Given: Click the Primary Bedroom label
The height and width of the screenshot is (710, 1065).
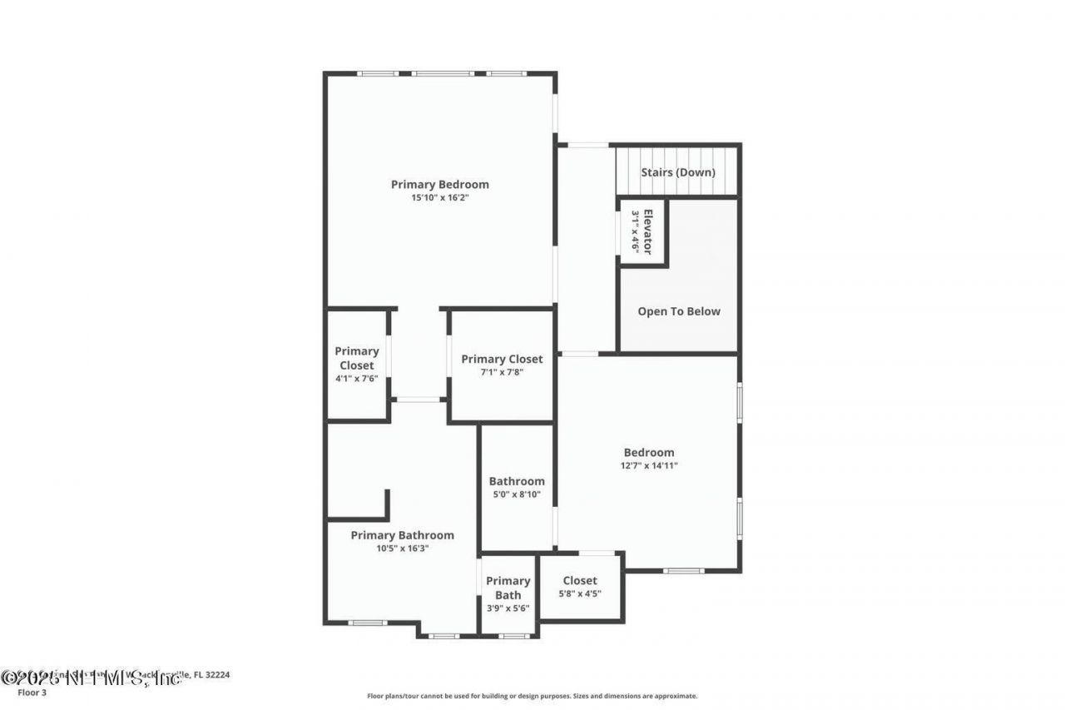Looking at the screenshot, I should (440, 184).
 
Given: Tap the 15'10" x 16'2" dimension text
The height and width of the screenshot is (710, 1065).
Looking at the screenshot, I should (440, 198).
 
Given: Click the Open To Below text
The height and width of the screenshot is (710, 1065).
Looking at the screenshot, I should (679, 311).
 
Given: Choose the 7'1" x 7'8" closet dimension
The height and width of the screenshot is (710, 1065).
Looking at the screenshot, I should (502, 373).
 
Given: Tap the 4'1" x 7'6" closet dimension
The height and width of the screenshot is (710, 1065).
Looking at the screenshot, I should (357, 379).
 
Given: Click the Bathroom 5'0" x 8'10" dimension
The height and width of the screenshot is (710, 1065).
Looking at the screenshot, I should (517, 494).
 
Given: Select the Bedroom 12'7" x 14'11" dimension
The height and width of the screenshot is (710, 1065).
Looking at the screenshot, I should (649, 466).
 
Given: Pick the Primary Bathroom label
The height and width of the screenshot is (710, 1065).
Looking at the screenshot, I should (403, 535).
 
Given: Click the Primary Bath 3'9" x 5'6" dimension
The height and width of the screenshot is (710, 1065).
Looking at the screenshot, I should (508, 608).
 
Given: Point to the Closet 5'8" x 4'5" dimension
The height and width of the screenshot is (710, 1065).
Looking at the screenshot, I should (580, 594).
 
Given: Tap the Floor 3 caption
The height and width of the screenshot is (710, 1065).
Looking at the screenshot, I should (32, 692).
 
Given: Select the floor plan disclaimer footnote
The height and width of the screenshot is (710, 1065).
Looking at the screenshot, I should (532, 696).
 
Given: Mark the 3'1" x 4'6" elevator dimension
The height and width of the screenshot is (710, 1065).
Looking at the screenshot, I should (637, 231).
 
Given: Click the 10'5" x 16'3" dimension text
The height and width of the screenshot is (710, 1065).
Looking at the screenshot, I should (403, 549).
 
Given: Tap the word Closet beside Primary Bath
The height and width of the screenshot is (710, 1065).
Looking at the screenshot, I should (580, 580).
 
